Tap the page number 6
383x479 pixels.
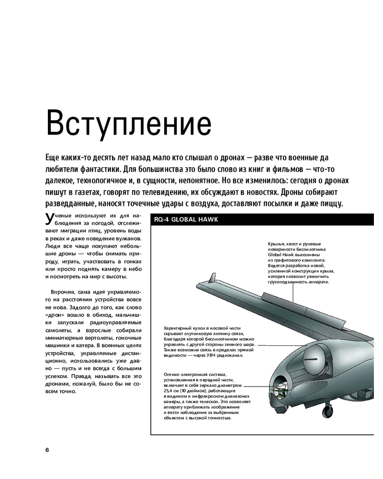[x=47, y=450]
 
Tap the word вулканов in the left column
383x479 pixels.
[x=127, y=238]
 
